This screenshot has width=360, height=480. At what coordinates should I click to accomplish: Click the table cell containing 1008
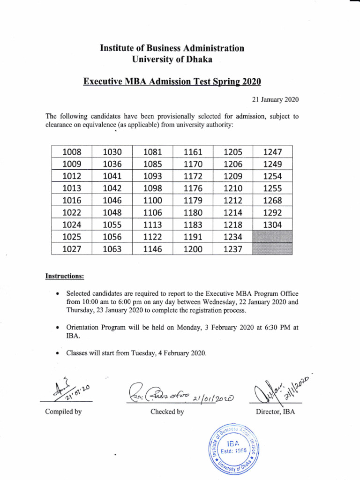point(72,151)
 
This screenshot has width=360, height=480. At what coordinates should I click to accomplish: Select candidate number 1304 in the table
point(272,225)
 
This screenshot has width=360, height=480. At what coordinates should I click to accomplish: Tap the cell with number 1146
point(152,249)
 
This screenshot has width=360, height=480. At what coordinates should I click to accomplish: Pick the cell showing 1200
point(193,249)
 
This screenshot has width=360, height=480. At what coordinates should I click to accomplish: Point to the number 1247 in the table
point(272,151)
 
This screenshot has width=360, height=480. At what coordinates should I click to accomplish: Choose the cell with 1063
point(112,249)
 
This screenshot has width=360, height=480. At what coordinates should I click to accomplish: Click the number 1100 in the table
point(152,201)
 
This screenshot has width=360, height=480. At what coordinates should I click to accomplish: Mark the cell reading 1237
point(232,249)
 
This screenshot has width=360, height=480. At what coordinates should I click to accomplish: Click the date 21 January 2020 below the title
point(272,99)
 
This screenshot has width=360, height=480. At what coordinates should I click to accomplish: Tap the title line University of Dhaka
point(172,60)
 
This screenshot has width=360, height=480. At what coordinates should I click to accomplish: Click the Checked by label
point(167,412)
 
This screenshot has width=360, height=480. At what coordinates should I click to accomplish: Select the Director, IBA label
point(276,412)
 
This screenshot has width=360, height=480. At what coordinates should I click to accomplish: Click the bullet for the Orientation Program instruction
point(57,328)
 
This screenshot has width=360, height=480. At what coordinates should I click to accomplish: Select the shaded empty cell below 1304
point(272,237)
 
